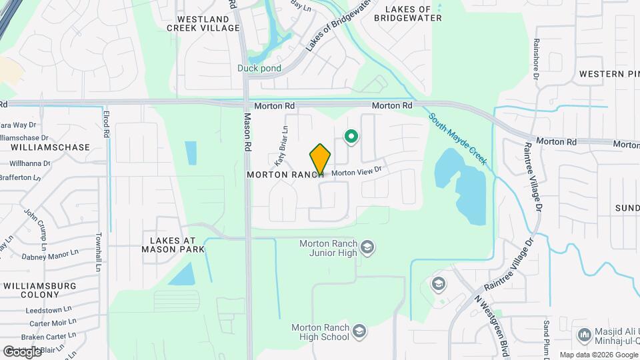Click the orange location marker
tap(320, 159)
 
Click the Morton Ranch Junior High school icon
tap(367, 249)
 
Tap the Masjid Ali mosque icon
tap(585, 333)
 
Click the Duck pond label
tap(259, 68)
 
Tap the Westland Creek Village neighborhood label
tap(203, 23)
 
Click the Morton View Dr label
tap(356, 172)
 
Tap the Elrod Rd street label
tap(106, 124)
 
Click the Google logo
tap(22, 351)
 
